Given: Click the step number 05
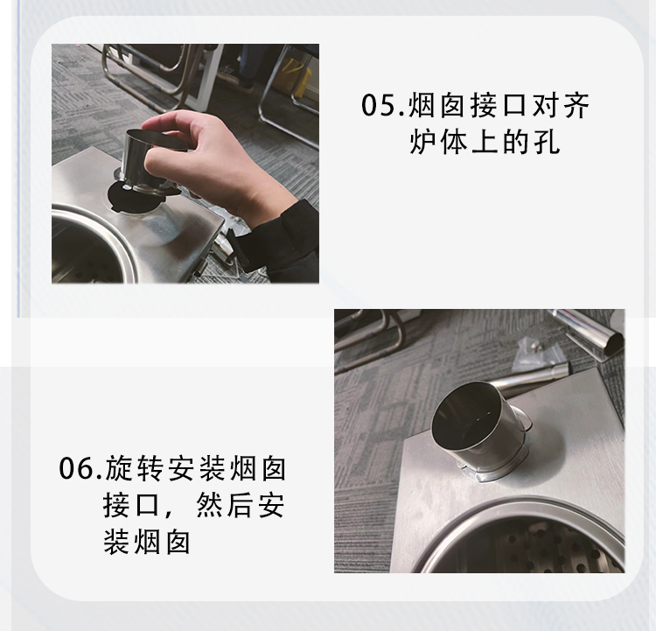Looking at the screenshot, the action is tap(379, 105).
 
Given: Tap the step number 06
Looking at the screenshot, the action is tap(76, 468).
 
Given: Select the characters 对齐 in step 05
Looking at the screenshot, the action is tap(561, 105).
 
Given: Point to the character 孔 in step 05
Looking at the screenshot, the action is tap(548, 142).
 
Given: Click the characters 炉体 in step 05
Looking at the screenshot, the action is tap(438, 142).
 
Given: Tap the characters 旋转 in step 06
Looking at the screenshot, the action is tap(134, 468).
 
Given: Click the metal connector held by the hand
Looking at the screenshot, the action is tap(150, 161).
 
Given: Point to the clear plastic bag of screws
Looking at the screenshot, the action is tap(539, 355).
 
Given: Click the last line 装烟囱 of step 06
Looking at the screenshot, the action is tap(147, 543).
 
